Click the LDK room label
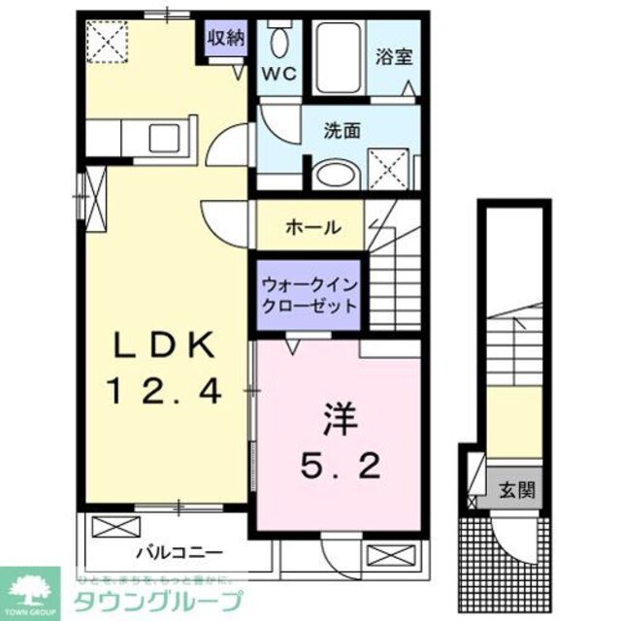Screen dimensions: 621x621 [x=164, y=346]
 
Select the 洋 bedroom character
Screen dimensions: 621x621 [x=339, y=422]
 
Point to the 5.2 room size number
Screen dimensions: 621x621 [x=339, y=469]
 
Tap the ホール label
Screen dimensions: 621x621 [x=312, y=228]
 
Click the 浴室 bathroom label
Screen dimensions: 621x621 [x=395, y=55]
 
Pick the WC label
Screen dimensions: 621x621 [x=282, y=74]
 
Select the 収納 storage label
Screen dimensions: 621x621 [x=224, y=39]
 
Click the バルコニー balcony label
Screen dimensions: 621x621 [x=179, y=552]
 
